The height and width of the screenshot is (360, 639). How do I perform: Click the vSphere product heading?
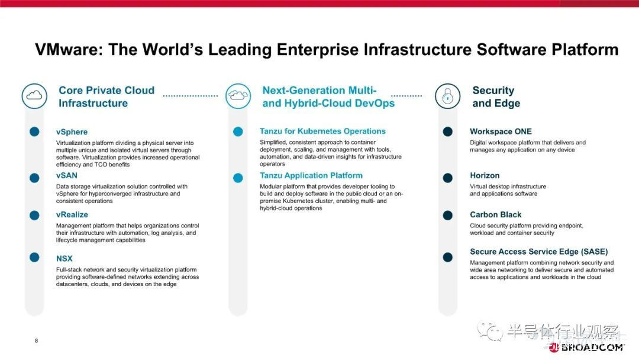[x=72, y=131]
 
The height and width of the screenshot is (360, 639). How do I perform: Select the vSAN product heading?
[x=66, y=175]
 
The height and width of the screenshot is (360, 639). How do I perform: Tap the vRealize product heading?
[x=72, y=214]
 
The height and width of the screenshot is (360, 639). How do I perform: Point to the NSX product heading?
[x=64, y=259]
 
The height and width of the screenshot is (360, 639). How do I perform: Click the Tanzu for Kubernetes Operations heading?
[x=322, y=131]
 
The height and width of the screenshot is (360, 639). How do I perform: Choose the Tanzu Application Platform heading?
[x=311, y=175]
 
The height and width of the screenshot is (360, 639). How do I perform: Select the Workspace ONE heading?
[x=501, y=131]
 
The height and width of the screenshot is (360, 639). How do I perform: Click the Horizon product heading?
[x=485, y=175]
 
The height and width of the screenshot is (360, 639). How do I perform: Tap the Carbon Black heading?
[x=496, y=214]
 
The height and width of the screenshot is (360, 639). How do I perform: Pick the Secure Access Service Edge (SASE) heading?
[x=539, y=252]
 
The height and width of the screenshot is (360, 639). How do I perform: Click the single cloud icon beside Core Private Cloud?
[x=34, y=96]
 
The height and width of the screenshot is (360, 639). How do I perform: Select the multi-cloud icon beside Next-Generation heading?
[x=238, y=96]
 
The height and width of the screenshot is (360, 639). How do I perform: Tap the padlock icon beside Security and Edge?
[x=447, y=96]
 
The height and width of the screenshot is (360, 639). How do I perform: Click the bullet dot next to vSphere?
[x=34, y=131]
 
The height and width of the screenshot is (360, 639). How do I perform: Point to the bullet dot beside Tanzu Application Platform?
[x=238, y=178]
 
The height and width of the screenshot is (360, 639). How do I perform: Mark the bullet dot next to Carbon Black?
[x=447, y=216]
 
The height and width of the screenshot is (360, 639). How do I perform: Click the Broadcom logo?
[x=586, y=348]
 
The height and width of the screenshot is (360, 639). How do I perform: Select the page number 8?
[x=36, y=341]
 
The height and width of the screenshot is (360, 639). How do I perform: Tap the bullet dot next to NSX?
[x=34, y=257]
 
